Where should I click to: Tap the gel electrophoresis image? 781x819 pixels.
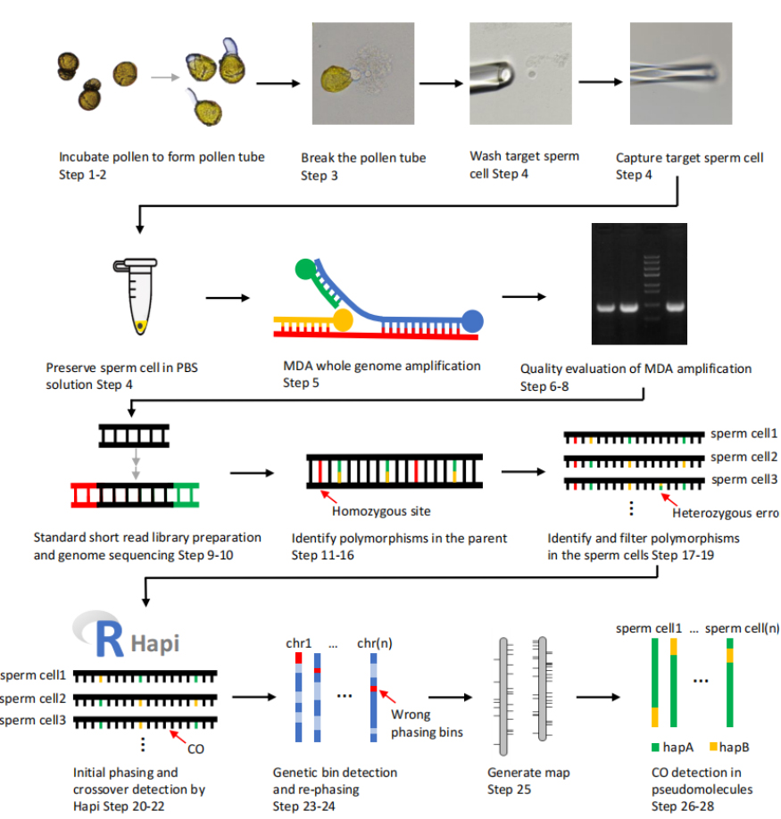639,284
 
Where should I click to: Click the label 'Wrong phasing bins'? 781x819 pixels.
411,722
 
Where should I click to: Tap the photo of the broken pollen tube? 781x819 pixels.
362,73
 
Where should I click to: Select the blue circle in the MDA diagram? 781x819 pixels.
473,319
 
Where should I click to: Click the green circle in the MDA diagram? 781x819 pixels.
305,267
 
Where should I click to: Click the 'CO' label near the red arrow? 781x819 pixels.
195,749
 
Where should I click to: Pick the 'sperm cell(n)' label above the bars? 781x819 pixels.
740,628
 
